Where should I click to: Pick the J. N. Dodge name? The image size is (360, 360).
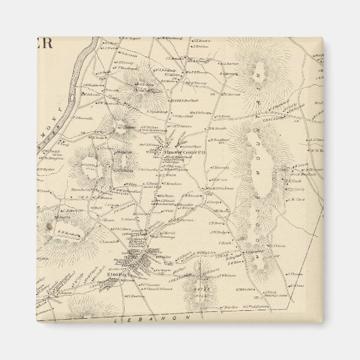tap(217, 232)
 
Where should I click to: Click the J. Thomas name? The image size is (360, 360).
tap(295, 273)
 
